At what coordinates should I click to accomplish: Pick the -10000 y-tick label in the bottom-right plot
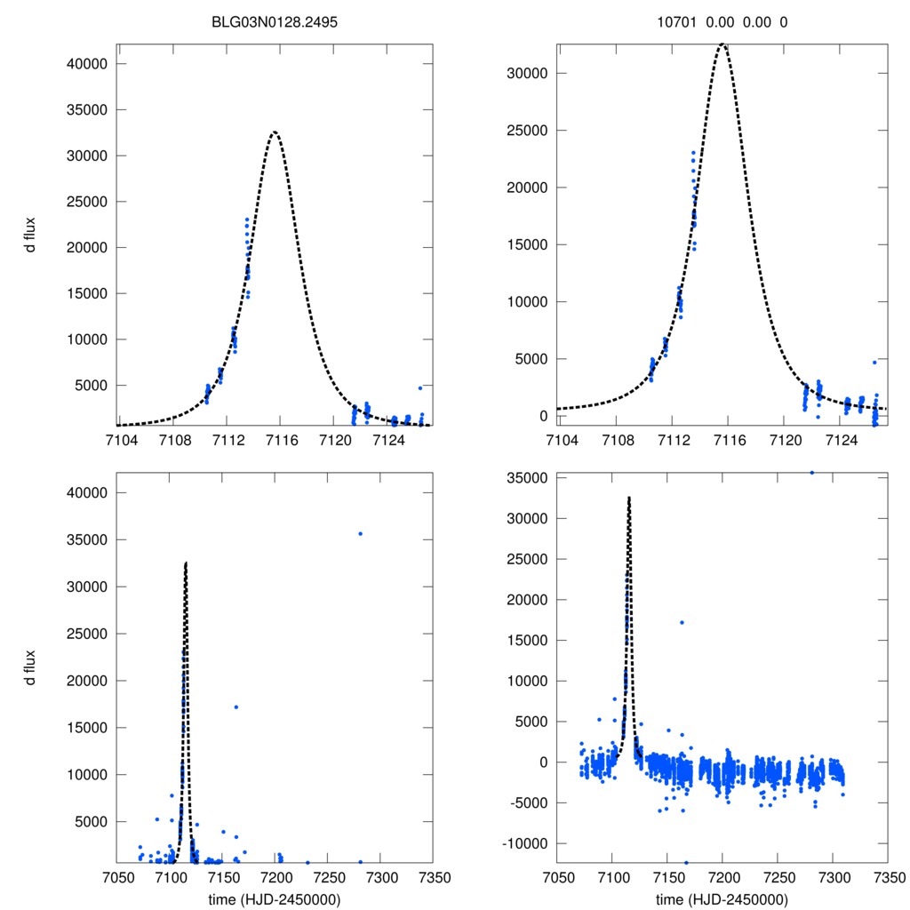522,843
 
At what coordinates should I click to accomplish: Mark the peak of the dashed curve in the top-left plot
275,132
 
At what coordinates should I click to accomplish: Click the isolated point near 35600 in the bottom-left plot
360,533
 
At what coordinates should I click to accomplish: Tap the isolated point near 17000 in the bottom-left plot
236,707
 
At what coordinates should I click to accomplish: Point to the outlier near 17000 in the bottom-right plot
682,622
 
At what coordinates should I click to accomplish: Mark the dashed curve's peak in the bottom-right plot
629,498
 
